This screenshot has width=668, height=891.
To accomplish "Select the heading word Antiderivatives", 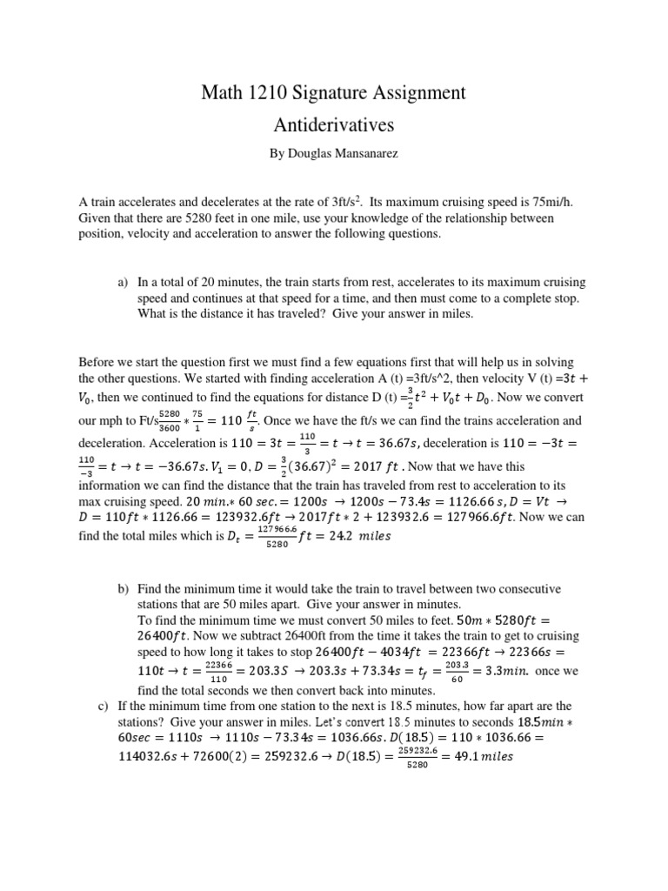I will (334, 125).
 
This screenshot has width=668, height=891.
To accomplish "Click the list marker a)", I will (123, 283).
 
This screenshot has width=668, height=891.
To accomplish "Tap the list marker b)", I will (123, 590).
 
